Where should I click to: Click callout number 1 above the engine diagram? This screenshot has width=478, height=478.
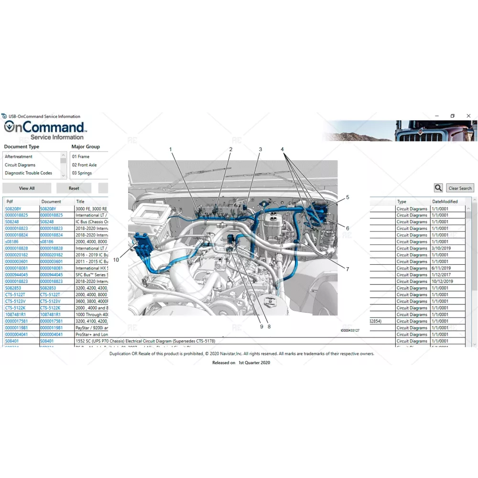pyautogui.click(x=170, y=149)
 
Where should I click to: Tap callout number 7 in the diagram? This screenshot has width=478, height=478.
pyautogui.click(x=348, y=269)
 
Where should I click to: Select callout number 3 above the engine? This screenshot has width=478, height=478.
pyautogui.click(x=261, y=149)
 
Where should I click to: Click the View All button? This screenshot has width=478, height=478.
pyautogui.click(x=27, y=188)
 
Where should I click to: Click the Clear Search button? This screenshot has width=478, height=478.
pyautogui.click(x=460, y=188)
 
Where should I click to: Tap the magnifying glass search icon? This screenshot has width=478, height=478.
pyautogui.click(x=438, y=188)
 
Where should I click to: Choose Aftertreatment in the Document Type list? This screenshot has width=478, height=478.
pyautogui.click(x=19, y=157)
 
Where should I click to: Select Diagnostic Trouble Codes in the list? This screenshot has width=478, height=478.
pyautogui.click(x=28, y=173)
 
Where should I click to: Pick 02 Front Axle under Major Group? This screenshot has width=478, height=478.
pyautogui.click(x=84, y=165)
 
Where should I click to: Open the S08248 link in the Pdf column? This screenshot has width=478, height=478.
pyautogui.click(x=12, y=222)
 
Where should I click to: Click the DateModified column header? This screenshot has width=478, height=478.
pyautogui.click(x=445, y=202)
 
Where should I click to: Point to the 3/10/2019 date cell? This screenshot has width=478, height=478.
pyautogui.click(x=442, y=249)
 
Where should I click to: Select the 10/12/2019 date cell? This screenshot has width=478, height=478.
pyautogui.click(x=443, y=282)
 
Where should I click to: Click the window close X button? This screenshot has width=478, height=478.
pyautogui.click(x=468, y=116)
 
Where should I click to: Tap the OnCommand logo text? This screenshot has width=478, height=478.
pyautogui.click(x=44, y=127)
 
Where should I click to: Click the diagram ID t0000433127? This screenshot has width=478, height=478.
pyautogui.click(x=350, y=330)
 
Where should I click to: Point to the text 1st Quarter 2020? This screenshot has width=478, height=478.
pyautogui.click(x=254, y=363)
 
